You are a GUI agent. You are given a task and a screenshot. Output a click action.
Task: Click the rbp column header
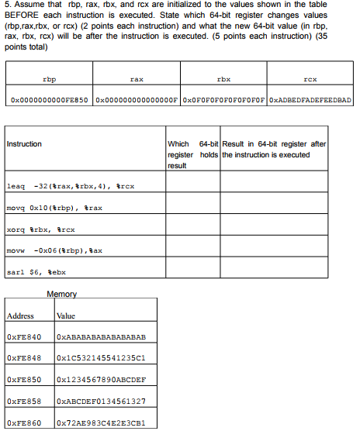[49, 79]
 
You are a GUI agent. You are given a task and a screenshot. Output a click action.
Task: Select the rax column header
[137, 79]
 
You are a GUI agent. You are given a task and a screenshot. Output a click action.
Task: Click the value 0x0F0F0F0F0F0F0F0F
[224, 100]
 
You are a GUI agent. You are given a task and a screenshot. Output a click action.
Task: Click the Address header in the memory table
[21, 315]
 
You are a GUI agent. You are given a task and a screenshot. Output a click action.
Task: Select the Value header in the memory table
[65, 315]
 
